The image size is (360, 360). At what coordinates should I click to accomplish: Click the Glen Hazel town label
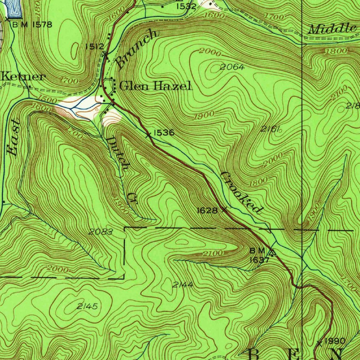(x=156, y=86)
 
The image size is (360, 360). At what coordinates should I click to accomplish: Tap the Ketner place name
(x=23, y=77)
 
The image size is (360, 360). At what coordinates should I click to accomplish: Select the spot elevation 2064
(x=232, y=67)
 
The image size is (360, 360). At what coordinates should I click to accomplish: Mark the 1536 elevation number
(x=164, y=133)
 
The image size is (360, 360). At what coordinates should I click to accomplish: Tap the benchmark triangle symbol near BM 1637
(x=272, y=252)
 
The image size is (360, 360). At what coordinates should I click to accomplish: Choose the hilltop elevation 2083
(x=101, y=231)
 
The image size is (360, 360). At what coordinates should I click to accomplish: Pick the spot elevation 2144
(x=182, y=285)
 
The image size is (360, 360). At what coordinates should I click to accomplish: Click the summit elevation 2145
(x=87, y=307)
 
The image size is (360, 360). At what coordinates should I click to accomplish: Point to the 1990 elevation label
(x=335, y=341)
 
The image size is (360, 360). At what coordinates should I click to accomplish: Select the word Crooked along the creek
(x=242, y=193)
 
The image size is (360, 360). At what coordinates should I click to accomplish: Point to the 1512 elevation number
(x=95, y=46)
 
